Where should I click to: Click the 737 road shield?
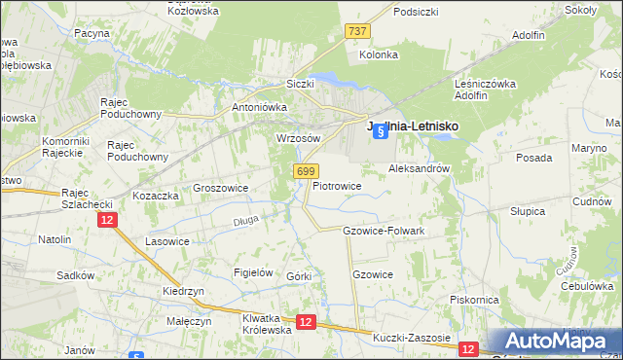[x=357, y=32]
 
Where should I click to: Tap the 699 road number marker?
[x=305, y=171]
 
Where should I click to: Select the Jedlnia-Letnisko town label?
[x=412, y=126]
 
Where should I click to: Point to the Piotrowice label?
[x=338, y=186]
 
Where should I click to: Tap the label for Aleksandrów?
[x=419, y=168]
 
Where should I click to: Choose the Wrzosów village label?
[x=299, y=138]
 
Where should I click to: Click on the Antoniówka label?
[x=256, y=107]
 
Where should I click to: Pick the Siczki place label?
[x=300, y=84]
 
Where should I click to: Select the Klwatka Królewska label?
[x=268, y=324]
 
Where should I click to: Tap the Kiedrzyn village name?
[x=183, y=291]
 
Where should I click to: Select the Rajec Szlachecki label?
[x=89, y=198]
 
